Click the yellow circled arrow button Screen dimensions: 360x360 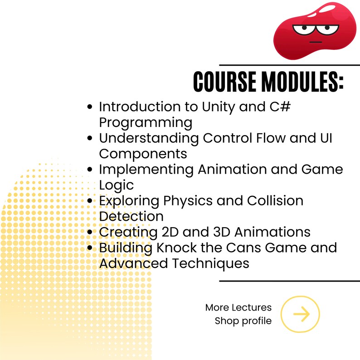point(300,314)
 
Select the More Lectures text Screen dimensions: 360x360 point(238,307)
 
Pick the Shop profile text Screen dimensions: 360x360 point(243,321)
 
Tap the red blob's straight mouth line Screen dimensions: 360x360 point(316,42)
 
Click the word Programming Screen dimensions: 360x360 point(146,123)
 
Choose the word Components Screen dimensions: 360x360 point(143,153)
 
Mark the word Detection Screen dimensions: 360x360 point(131,216)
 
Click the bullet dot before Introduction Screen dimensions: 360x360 point(90,107)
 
